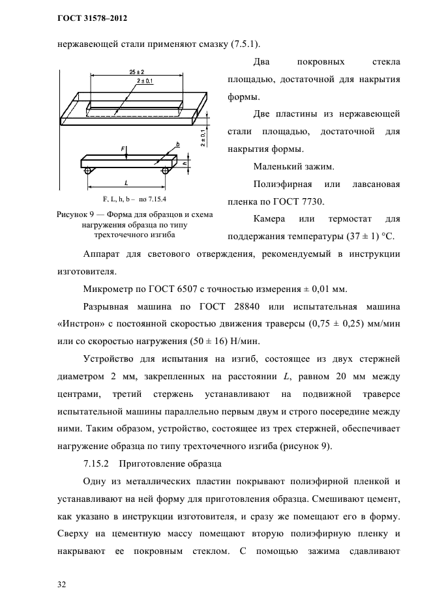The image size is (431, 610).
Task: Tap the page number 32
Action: pos(62,584)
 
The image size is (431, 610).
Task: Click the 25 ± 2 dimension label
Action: pos(136,70)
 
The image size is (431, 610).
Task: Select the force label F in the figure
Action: pos(123,149)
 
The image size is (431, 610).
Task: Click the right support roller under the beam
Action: pos(165,171)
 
